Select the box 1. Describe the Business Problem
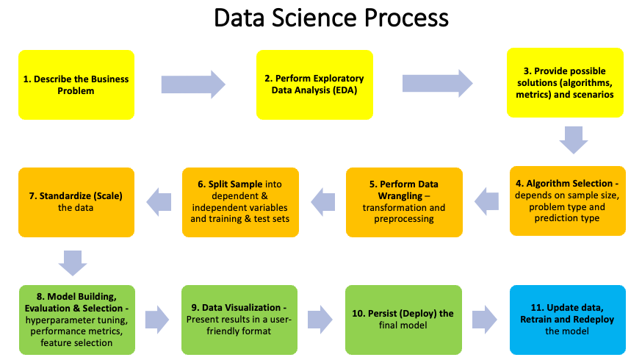[x=76, y=84]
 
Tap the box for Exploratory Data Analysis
[x=314, y=84]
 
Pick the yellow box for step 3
[x=565, y=83]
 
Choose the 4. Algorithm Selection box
[x=567, y=201]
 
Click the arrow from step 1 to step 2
[x=192, y=84]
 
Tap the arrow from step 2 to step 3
[x=437, y=83]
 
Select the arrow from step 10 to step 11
[x=485, y=320]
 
